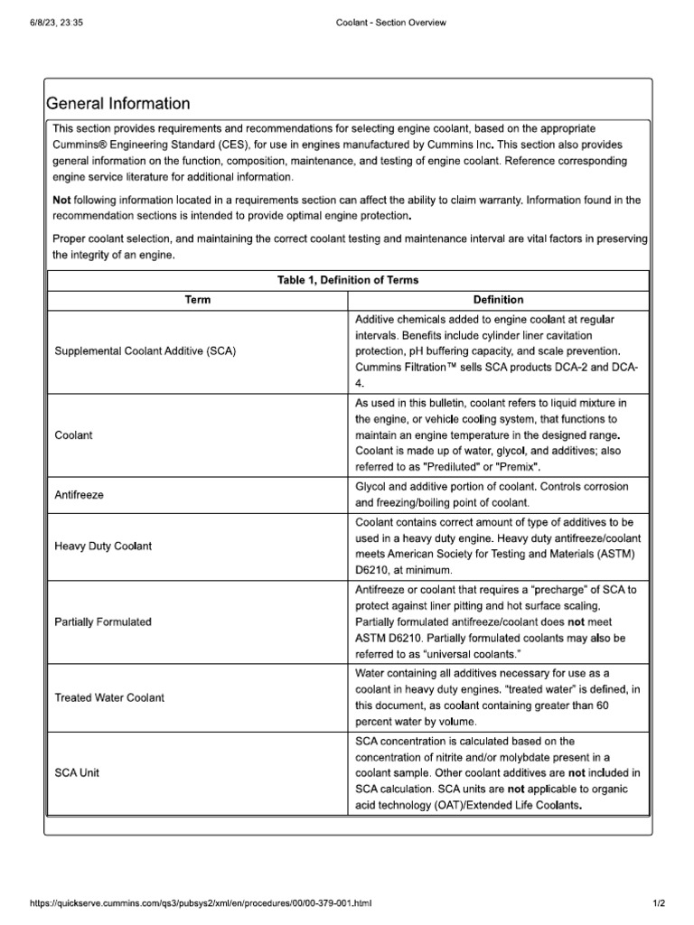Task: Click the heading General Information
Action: pyautogui.click(x=117, y=104)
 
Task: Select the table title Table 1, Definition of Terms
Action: pyautogui.click(x=348, y=280)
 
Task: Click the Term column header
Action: pyautogui.click(x=197, y=300)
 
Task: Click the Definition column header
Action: pyautogui.click(x=498, y=300)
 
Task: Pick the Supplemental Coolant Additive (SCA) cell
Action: pyautogui.click(x=145, y=351)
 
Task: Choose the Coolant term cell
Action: pyautogui.click(x=74, y=434)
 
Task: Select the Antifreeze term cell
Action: pyautogui.click(x=80, y=494)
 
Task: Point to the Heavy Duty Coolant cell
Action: pyautogui.click(x=104, y=547)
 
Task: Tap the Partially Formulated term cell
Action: pyautogui.click(x=103, y=621)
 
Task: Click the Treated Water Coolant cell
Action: pyautogui.click(x=110, y=697)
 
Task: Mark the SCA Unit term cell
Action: pyautogui.click(x=78, y=773)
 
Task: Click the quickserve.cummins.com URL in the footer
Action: pyautogui.click(x=201, y=903)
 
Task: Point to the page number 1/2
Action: pyautogui.click(x=659, y=903)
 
